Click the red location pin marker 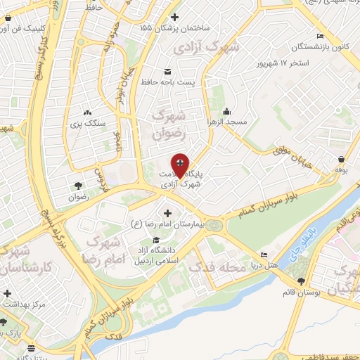click(180, 165)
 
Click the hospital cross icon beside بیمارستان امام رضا click(167, 213)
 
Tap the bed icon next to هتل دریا click(264, 255)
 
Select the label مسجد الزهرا click(227, 122)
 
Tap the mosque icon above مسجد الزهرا click(227, 111)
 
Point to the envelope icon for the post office click(167, 72)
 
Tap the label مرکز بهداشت click(23, 304)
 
